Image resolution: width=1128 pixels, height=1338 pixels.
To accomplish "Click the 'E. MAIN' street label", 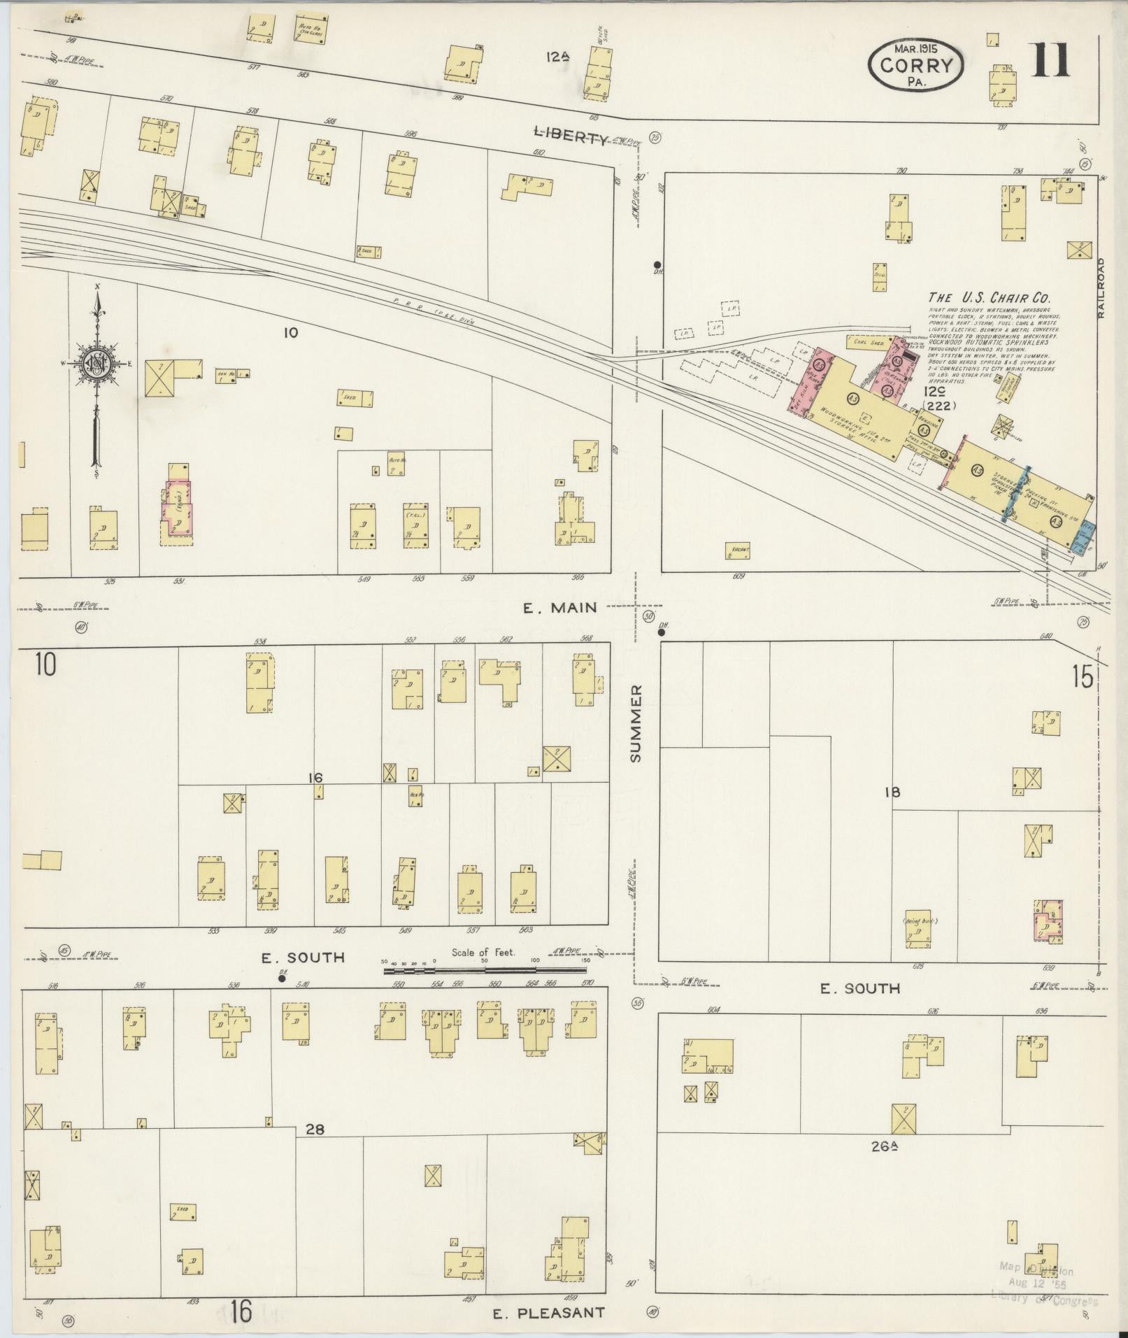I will [x=559, y=607].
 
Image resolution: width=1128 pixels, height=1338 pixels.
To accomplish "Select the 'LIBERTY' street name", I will [x=570, y=137].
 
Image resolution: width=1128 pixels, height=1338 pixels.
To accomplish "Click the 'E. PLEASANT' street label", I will [x=548, y=1312].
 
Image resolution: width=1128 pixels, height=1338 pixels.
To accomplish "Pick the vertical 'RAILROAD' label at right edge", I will [x=1101, y=288].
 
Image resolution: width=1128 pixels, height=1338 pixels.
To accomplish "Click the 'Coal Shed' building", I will [x=869, y=343].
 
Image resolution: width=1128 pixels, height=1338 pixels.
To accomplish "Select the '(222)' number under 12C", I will [x=939, y=405].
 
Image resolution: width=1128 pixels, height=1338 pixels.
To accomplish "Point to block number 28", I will [x=315, y=1129].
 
